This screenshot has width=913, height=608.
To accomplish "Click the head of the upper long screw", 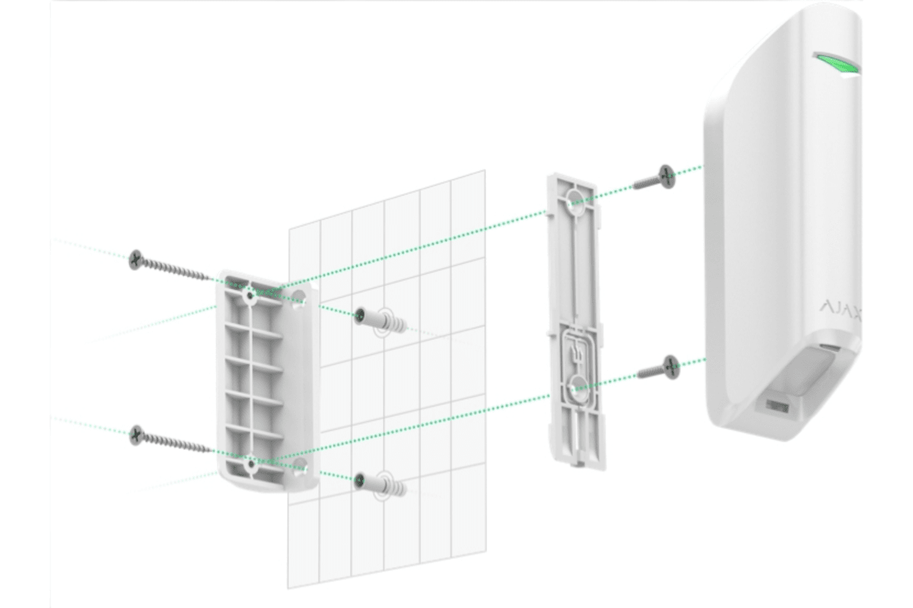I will (136, 258).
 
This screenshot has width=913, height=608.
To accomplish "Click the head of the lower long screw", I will (137, 434).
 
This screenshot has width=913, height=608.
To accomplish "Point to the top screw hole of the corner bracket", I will (249, 293).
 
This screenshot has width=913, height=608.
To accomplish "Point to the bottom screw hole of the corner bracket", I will (250, 461).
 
